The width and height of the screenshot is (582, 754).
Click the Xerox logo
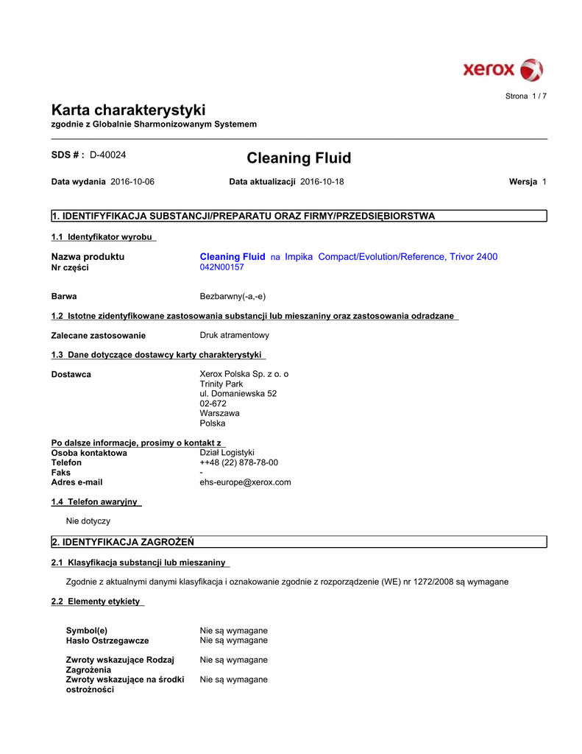(x=503, y=70)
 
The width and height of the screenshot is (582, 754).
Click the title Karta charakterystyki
(x=128, y=110)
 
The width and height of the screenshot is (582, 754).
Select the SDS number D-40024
(x=108, y=155)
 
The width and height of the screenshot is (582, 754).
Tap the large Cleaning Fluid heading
(x=299, y=158)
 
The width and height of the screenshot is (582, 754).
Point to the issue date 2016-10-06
(x=132, y=181)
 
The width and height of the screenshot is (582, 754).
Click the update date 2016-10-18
(x=322, y=181)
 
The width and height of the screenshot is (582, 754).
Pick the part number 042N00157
(x=221, y=267)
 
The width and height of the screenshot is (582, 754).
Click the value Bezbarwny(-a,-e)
(x=233, y=296)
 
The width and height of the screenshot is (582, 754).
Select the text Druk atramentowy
(x=235, y=335)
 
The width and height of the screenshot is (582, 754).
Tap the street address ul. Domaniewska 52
(x=238, y=394)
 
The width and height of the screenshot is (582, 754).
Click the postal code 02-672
(x=213, y=404)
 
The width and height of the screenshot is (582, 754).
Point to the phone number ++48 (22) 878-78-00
(x=239, y=462)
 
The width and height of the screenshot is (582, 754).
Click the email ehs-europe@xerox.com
(x=246, y=482)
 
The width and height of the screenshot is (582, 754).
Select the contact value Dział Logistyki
(x=227, y=452)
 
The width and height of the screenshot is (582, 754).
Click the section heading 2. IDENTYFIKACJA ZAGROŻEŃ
(x=122, y=543)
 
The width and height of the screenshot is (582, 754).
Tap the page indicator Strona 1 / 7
(x=526, y=96)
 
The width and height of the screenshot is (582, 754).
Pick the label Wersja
(x=523, y=181)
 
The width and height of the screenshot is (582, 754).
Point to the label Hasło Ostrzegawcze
(x=107, y=641)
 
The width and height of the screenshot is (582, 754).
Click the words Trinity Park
(x=221, y=384)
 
